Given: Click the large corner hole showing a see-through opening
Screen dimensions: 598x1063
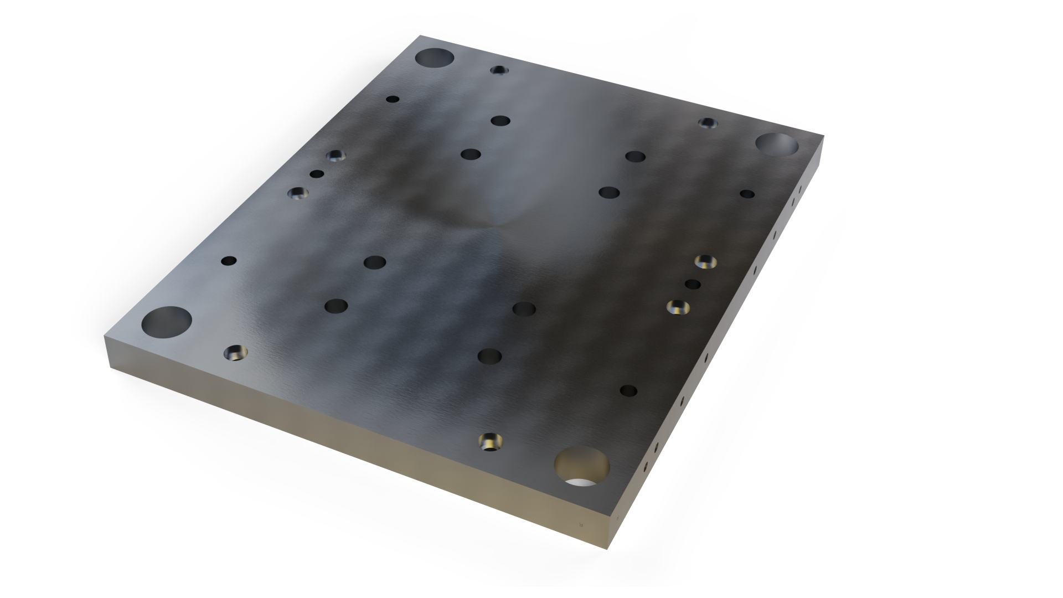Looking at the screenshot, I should pyautogui.click(x=581, y=467).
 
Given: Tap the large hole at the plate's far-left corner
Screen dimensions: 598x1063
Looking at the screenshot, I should pyautogui.click(x=435, y=58).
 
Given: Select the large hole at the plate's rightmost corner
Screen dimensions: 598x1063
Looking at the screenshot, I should pyautogui.click(x=777, y=144).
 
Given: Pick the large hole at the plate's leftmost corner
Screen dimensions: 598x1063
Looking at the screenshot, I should pyautogui.click(x=167, y=322).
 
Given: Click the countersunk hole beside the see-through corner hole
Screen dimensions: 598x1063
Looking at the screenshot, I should pyautogui.click(x=490, y=442).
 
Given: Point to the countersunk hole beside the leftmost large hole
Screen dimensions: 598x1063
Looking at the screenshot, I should pyautogui.click(x=236, y=352).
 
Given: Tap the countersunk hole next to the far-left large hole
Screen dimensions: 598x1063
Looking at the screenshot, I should pyautogui.click(x=500, y=70).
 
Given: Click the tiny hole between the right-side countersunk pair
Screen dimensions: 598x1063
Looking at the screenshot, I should pyautogui.click(x=693, y=284).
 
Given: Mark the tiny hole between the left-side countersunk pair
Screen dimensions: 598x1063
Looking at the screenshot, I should pyautogui.click(x=317, y=174).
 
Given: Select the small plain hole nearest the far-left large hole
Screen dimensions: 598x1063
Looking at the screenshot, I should pyautogui.click(x=393, y=100).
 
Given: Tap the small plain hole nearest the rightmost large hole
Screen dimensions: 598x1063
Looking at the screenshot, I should pyautogui.click(x=747, y=194).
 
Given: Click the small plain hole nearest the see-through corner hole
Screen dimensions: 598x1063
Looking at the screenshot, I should pyautogui.click(x=628, y=391).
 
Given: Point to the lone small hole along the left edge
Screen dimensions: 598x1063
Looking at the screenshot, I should pyautogui.click(x=229, y=260).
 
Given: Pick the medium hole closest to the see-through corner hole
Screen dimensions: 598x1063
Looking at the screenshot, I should pyautogui.click(x=489, y=356).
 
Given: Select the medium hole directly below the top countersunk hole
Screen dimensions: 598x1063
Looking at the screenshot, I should pyautogui.click(x=500, y=120).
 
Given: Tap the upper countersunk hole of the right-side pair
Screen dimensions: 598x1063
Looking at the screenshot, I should pyautogui.click(x=705, y=261).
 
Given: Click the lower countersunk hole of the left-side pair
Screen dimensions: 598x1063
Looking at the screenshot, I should pyautogui.click(x=298, y=193).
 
